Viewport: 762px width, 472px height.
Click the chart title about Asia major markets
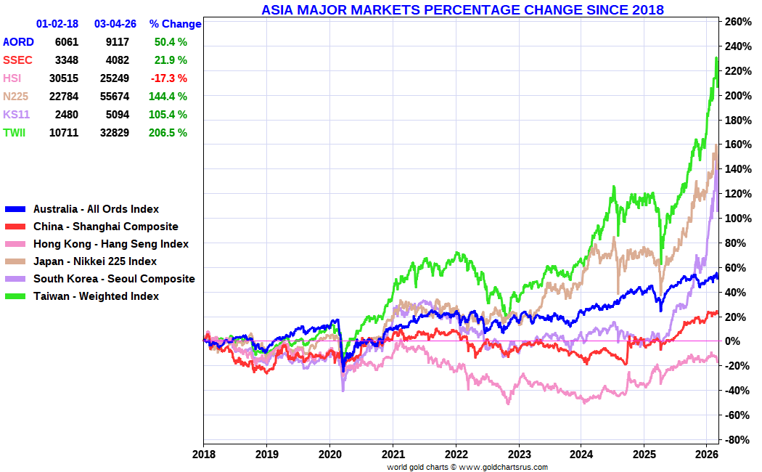pos(462,9)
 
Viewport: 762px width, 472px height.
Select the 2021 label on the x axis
pos(393,455)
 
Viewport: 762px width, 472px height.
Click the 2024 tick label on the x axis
pos(581,455)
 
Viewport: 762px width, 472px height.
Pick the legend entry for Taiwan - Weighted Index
pos(96,296)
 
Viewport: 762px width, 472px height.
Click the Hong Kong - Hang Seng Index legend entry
pos(110,244)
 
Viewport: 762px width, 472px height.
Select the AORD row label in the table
pos(18,42)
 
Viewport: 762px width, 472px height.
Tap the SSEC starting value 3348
pos(66,60)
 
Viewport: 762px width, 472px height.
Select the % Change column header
pos(174,24)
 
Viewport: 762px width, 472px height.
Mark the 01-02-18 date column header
pos(57,24)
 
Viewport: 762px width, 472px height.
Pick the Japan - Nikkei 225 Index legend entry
pos(94,261)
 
